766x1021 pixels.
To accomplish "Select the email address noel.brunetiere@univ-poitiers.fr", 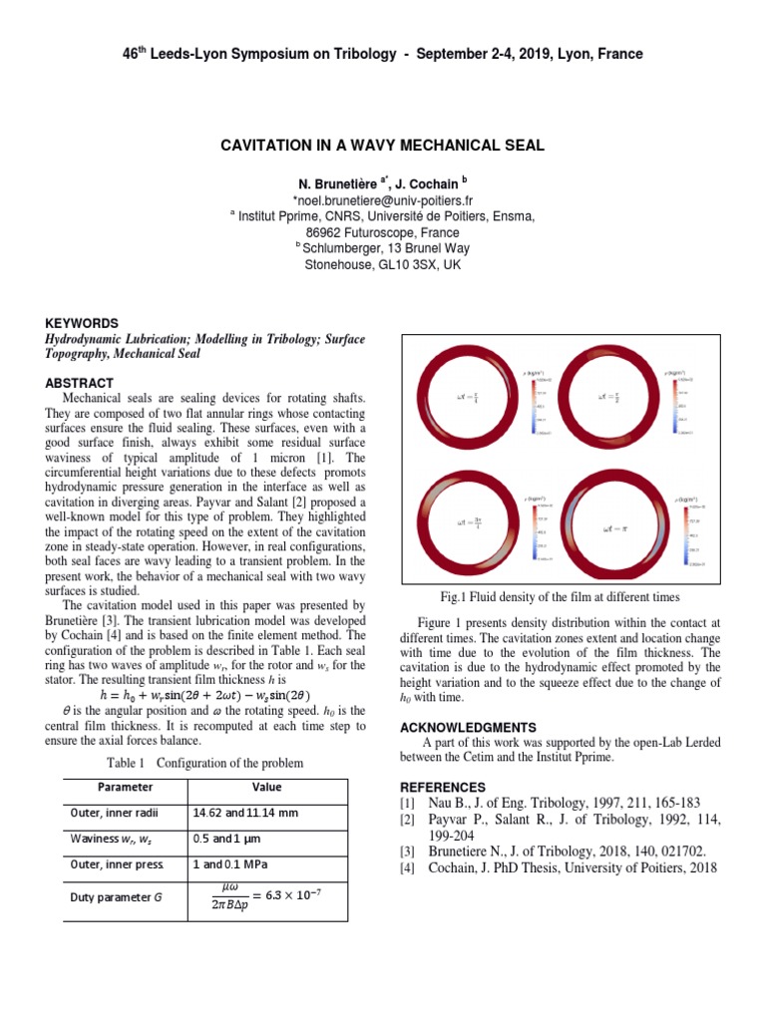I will [382, 199].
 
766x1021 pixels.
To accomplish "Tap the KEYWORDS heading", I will [83, 323].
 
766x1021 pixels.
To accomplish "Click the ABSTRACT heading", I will [80, 383].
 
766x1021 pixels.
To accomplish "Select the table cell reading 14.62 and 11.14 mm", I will [246, 813].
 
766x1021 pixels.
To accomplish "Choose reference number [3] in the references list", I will [408, 851].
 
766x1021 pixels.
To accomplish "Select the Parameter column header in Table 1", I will [112, 786].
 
